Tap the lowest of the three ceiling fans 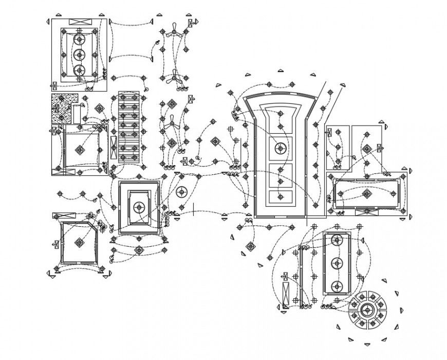(171, 123)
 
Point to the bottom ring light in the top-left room (79, 70)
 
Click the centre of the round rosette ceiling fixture (367, 310)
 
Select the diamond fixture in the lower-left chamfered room (79, 242)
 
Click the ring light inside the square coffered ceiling (138, 207)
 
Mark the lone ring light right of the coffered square (181, 192)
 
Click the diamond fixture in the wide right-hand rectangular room (366, 194)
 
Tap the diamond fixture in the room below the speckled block (80, 150)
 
